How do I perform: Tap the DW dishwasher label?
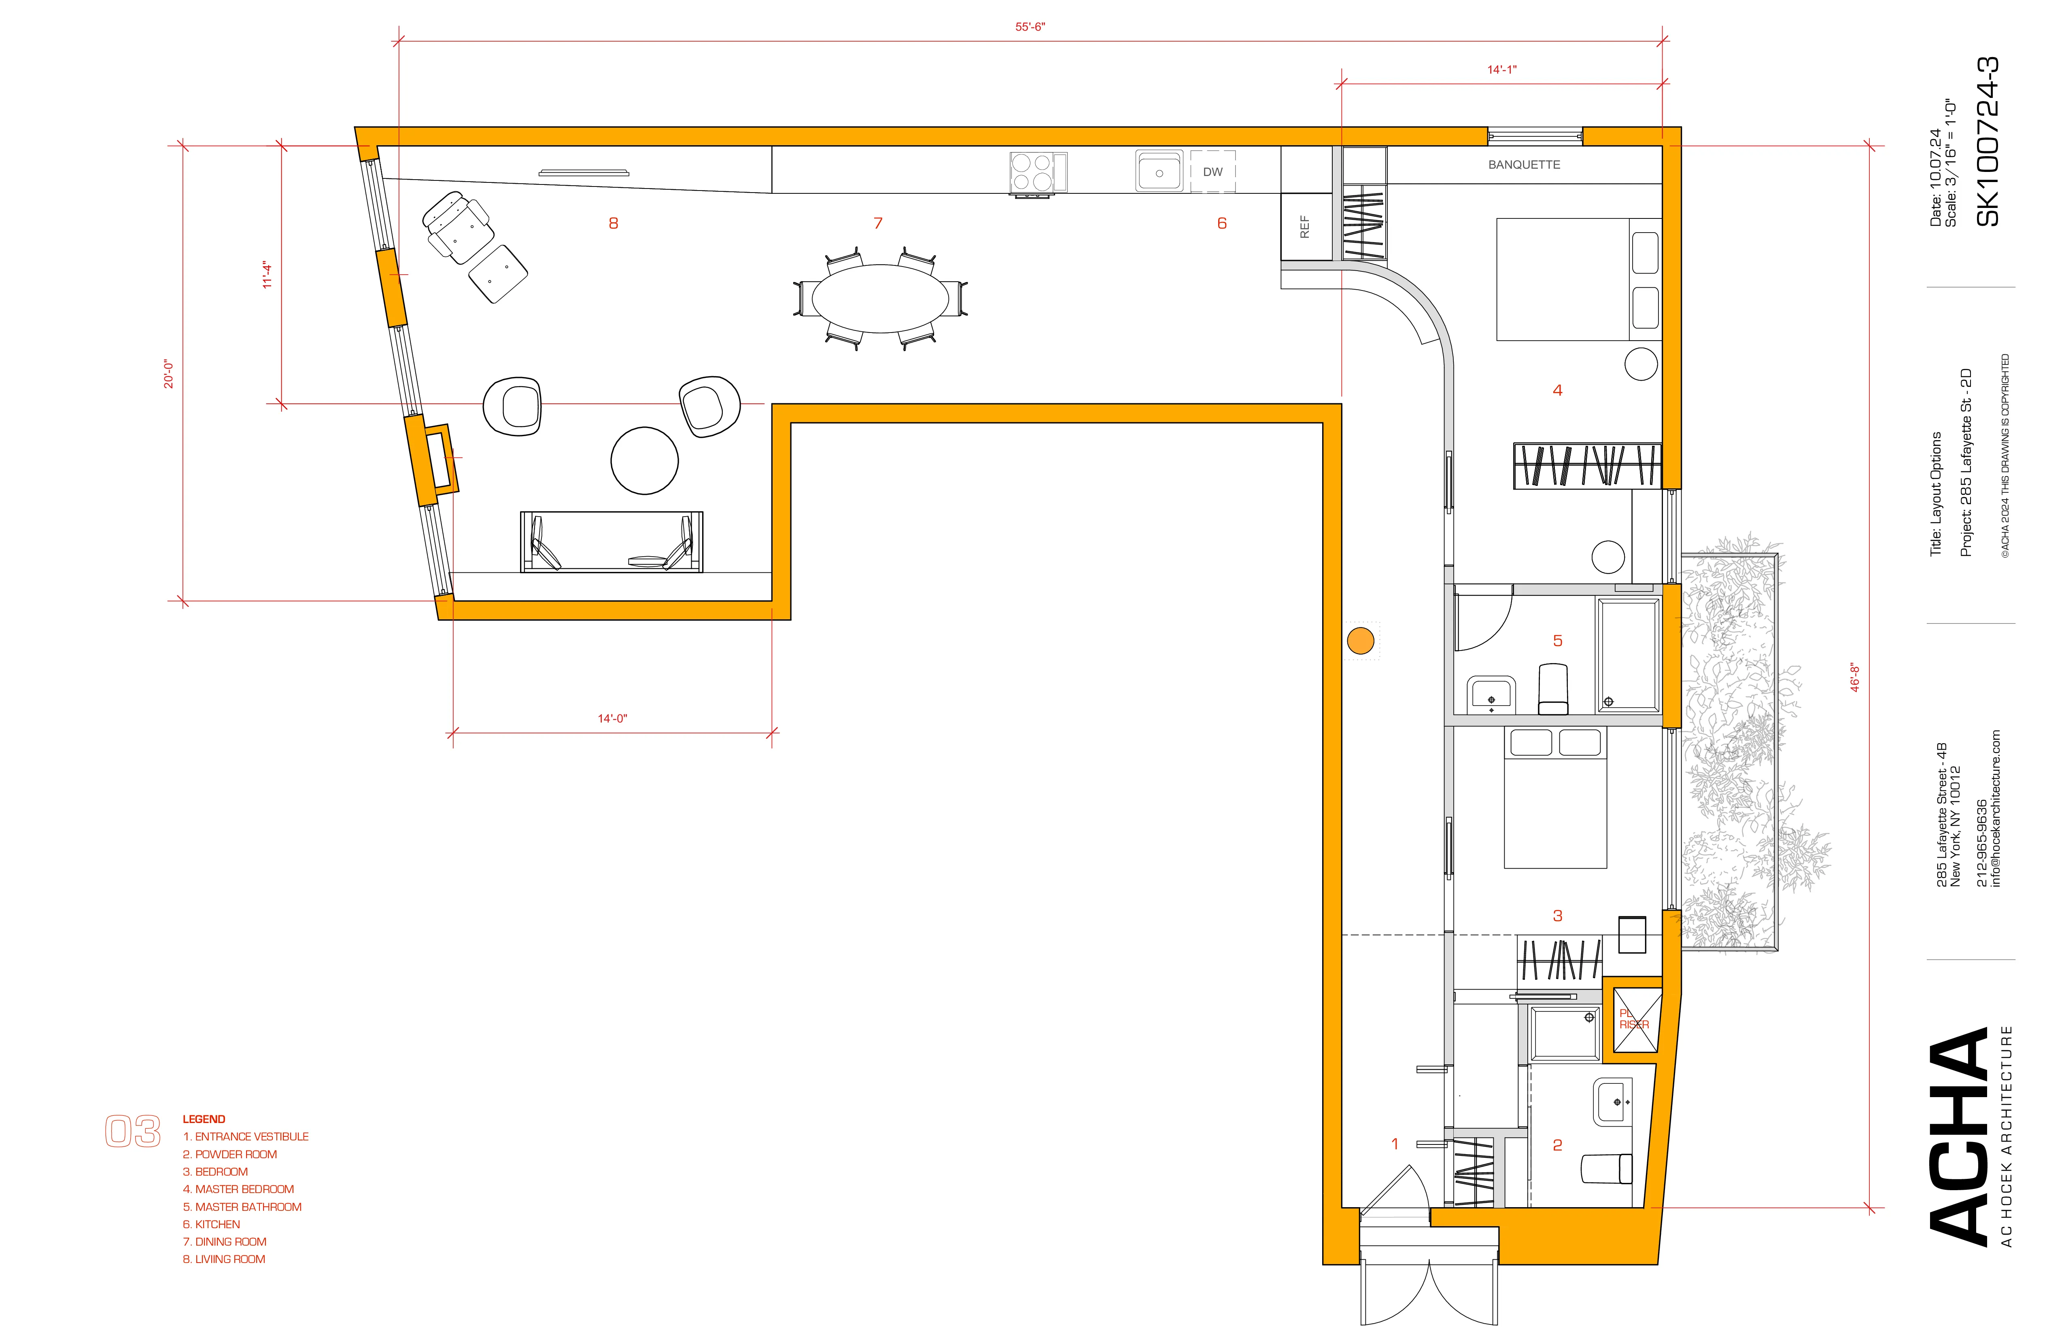tap(1212, 172)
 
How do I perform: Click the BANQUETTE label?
tap(1524, 165)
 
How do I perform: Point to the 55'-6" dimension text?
tap(1030, 27)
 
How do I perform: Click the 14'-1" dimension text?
tap(1502, 69)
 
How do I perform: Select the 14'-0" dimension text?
tap(612, 718)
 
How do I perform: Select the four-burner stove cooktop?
tap(1032, 172)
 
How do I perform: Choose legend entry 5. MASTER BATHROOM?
tap(242, 1207)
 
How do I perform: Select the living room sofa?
tap(612, 542)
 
